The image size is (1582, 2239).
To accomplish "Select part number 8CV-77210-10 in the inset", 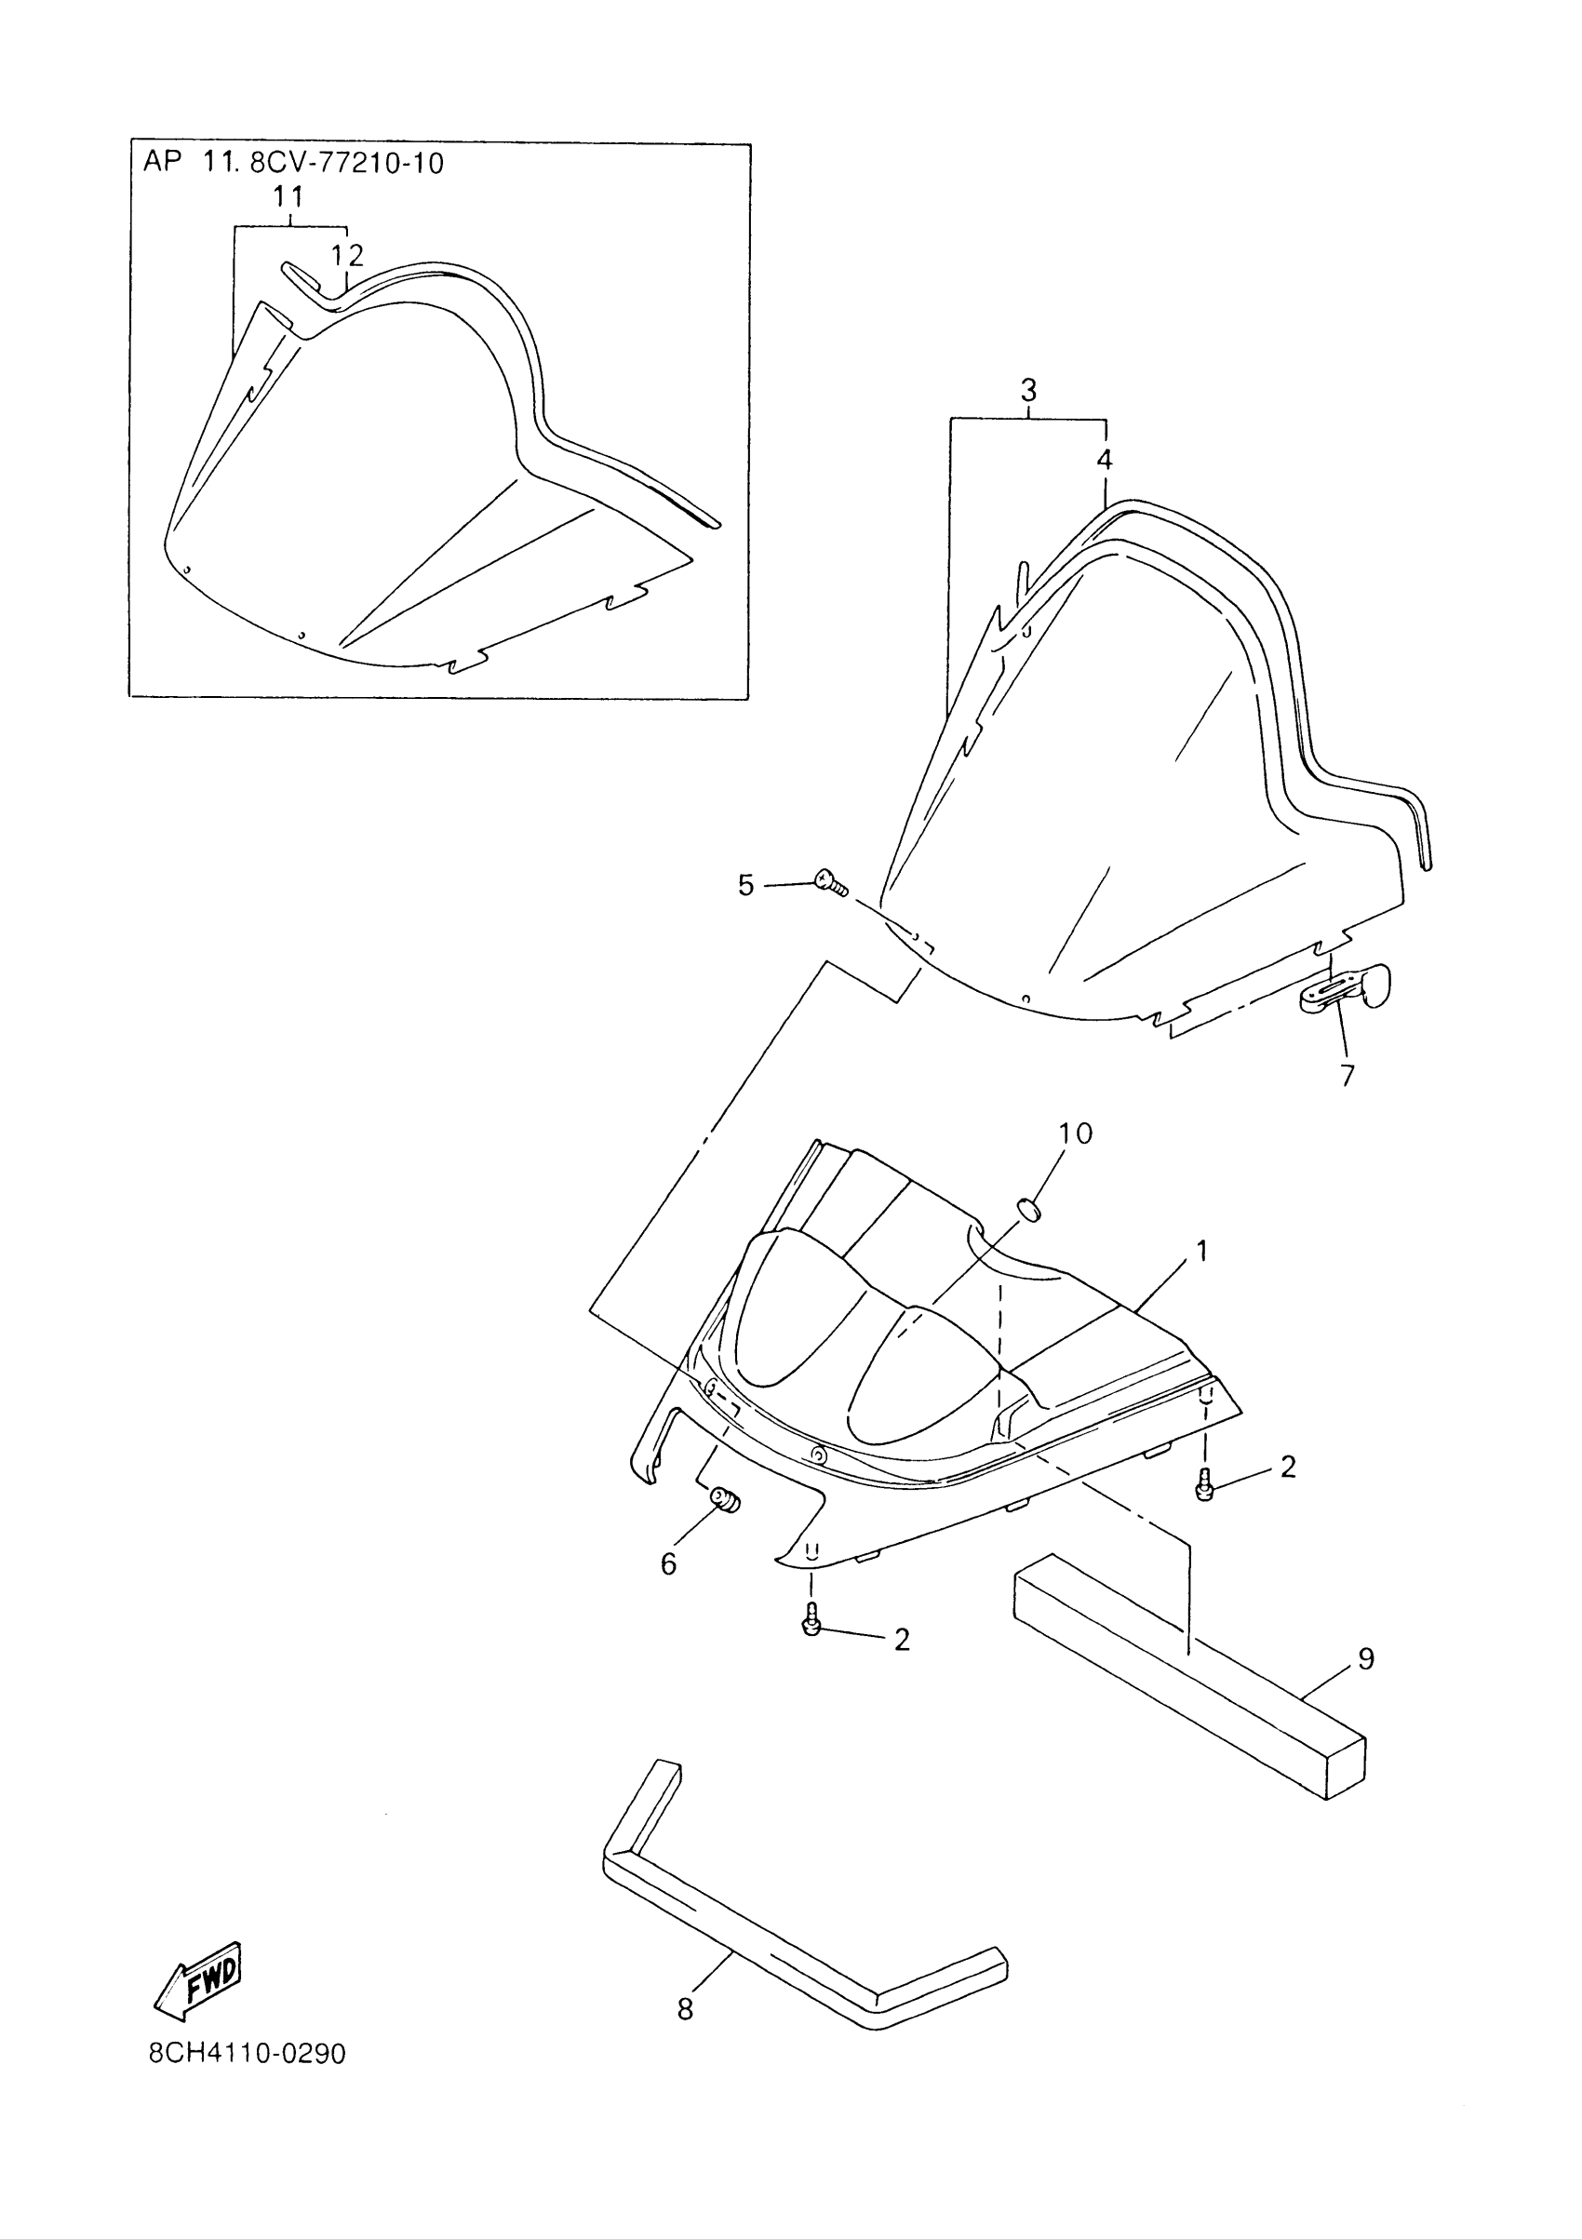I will (x=347, y=163).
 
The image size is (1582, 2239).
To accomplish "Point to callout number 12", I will (x=347, y=256).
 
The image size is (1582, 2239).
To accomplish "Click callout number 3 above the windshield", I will (x=1028, y=391).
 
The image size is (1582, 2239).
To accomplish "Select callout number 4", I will (x=1104, y=460).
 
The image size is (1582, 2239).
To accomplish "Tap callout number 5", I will (x=746, y=886).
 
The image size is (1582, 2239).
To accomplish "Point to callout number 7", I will (x=1347, y=1076).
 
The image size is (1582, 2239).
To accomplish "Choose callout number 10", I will (x=1075, y=1133).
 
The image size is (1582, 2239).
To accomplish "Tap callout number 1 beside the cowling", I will (x=1202, y=1250).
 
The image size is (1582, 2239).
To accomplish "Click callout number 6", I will (x=668, y=1564).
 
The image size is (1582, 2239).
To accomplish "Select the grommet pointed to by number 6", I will (x=725, y=1525).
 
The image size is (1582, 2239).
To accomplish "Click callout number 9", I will (x=1365, y=1657).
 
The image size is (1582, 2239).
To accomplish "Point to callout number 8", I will (x=685, y=2009).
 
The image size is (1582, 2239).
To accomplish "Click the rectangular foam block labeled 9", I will (x=1190, y=1677).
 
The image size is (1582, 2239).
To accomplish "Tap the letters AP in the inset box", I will (x=163, y=163).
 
